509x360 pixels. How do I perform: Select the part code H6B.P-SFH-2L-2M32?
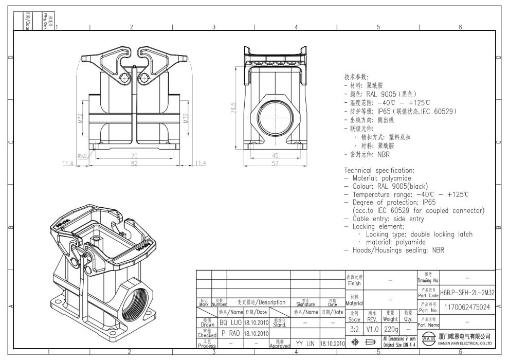pyautogui.click(x=468, y=292)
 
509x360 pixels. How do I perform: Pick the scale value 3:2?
pyautogui.click(x=354, y=328)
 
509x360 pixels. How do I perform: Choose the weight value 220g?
pyautogui.click(x=391, y=328)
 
